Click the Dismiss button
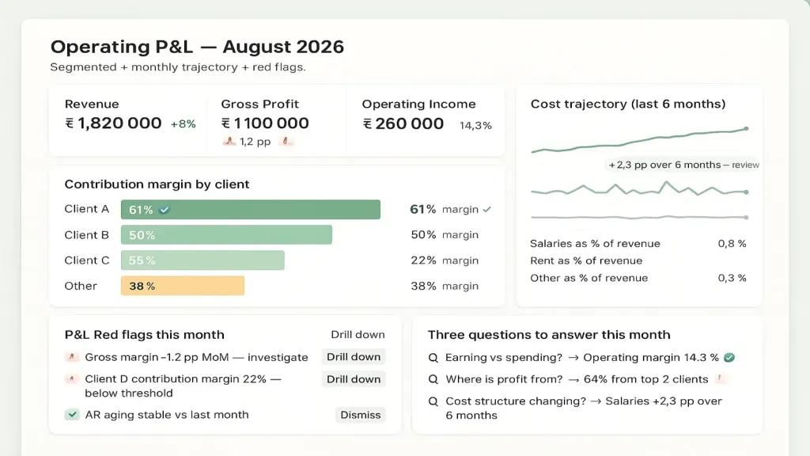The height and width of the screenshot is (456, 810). [x=360, y=415]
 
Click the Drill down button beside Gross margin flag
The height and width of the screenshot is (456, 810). [x=354, y=357]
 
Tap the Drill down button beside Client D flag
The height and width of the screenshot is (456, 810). [x=354, y=379]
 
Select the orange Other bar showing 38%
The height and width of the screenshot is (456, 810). [x=183, y=286]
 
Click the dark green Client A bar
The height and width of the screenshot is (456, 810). [x=251, y=209]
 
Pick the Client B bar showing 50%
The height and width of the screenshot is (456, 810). [x=226, y=234]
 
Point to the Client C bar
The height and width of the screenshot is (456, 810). [x=202, y=260]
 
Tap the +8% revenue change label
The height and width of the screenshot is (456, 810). [x=183, y=124]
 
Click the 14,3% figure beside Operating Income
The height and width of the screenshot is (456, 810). [x=475, y=126]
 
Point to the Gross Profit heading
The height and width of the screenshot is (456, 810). [x=259, y=104]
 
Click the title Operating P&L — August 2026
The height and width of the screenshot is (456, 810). [x=197, y=47]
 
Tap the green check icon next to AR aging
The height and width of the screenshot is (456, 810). [x=72, y=415]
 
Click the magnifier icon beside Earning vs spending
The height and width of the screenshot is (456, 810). [x=433, y=358]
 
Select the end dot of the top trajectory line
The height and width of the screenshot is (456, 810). [x=746, y=129]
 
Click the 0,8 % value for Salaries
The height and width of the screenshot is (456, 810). [x=732, y=244]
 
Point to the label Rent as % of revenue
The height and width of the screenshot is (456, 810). [x=586, y=260]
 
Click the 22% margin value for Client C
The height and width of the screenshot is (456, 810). [x=424, y=260]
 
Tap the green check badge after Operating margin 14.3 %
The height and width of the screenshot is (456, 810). [x=729, y=357]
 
